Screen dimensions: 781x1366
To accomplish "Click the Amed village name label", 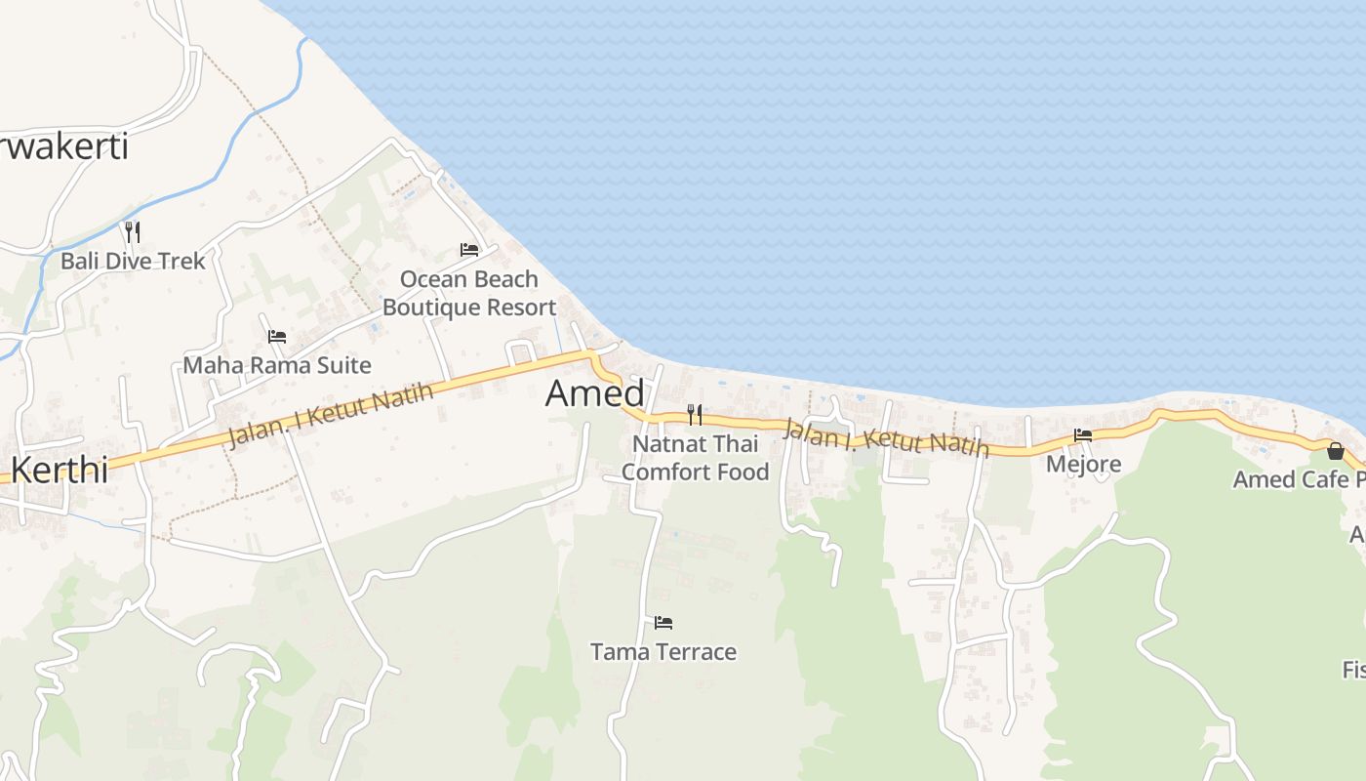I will [594, 393].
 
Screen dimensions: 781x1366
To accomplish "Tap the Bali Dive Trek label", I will [133, 261].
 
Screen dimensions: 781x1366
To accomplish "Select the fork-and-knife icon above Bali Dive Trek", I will [133, 231].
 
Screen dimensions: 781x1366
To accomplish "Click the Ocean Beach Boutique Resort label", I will [469, 293].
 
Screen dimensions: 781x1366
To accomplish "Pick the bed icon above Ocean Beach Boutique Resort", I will [469, 250].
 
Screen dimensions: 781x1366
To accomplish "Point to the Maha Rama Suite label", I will [277, 366].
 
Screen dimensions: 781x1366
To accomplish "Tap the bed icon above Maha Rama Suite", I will [277, 337].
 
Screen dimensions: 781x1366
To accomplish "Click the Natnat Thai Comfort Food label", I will [695, 458].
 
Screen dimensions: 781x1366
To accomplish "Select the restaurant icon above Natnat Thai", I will [695, 415].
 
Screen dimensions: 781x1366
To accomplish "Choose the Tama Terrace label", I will [663, 652].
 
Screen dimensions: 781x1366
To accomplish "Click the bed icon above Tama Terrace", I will [663, 623].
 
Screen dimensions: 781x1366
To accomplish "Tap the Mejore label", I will [1083, 464].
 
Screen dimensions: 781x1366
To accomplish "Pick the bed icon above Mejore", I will [1083, 435].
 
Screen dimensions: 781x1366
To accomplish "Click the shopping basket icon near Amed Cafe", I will [1335, 451].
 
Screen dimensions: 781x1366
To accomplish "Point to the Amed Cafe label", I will [1298, 479].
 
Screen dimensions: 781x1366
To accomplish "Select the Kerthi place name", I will [59, 470].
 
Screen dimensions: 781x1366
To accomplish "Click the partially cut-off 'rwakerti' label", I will [64, 147].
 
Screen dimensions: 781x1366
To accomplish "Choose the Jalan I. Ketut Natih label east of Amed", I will [886, 437].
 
